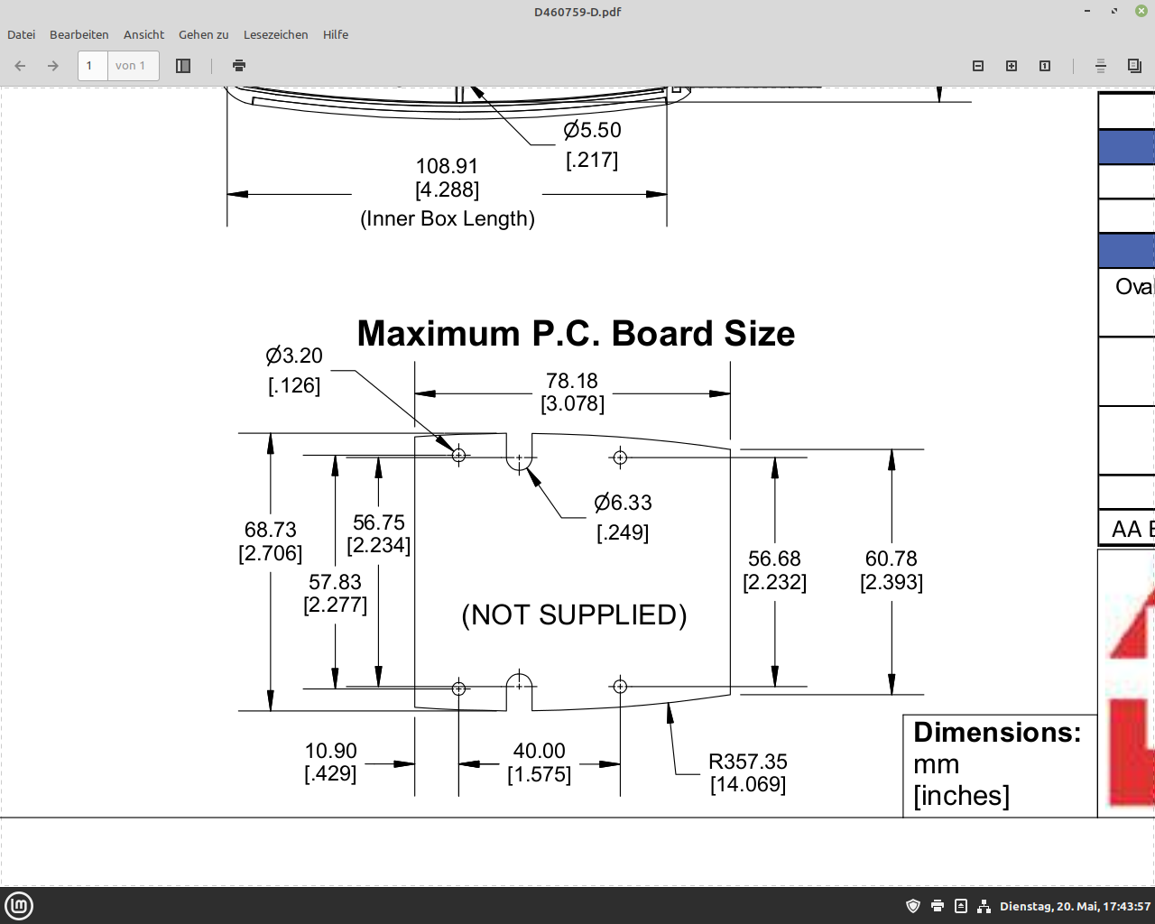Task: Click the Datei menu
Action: click(22, 35)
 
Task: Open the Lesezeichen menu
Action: click(275, 35)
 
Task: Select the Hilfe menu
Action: click(336, 35)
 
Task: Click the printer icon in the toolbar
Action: click(239, 66)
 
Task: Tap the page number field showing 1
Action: click(92, 66)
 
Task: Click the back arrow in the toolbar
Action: click(21, 66)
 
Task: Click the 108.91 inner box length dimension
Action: click(447, 166)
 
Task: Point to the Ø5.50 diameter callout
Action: click(592, 131)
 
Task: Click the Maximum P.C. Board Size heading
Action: click(576, 333)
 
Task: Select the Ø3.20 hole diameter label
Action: click(294, 356)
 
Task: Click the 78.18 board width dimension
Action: click(571, 381)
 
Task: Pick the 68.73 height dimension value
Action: click(270, 530)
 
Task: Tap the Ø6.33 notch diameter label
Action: click(623, 503)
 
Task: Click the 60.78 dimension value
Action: click(891, 559)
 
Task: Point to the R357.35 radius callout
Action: click(748, 762)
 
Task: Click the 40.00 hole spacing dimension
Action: click(539, 751)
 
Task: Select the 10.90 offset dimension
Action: click(330, 751)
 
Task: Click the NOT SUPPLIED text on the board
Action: click(574, 615)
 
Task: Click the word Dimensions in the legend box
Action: click(997, 733)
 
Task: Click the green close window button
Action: click(1141, 11)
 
